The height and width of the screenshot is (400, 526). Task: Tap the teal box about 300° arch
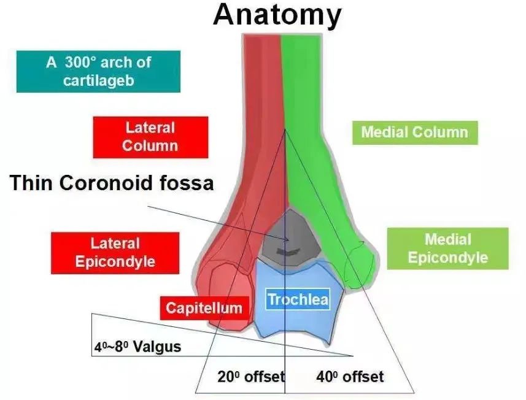[x=98, y=71]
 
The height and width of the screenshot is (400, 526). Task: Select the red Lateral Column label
[x=150, y=137]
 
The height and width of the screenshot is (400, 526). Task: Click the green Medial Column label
[x=414, y=132]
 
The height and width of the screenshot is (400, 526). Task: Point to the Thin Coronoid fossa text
[x=112, y=183]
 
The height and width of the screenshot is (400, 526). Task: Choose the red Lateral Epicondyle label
[x=115, y=252]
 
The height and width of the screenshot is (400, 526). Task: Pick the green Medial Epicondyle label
[x=447, y=248]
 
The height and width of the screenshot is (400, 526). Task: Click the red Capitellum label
[x=204, y=307]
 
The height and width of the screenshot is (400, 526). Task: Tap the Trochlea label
[x=298, y=300]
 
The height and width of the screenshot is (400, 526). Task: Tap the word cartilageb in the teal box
[x=98, y=80]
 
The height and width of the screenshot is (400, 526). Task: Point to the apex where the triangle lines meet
[x=285, y=129]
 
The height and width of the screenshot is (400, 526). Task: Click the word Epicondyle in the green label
[x=447, y=257]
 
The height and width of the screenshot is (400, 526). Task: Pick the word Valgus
[x=158, y=347]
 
